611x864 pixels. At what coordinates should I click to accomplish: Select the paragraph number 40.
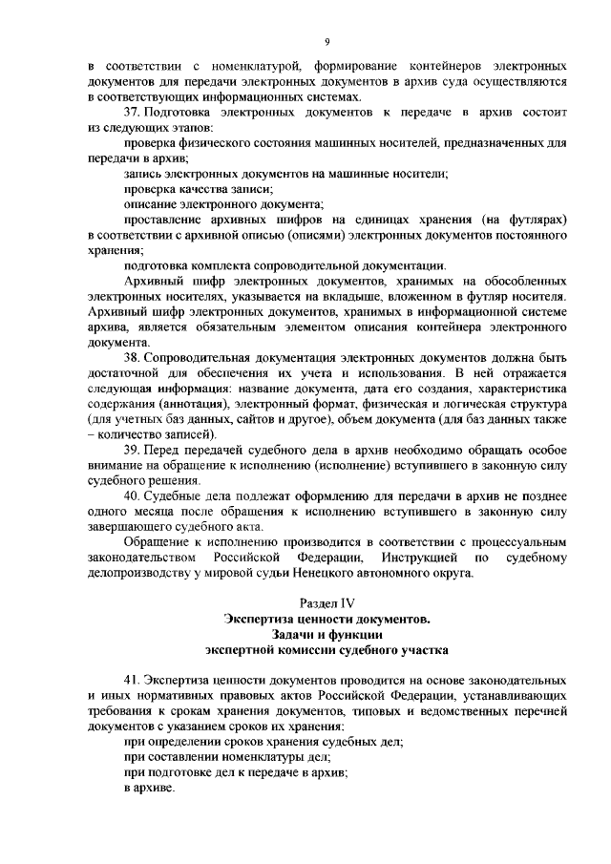pyautogui.click(x=133, y=496)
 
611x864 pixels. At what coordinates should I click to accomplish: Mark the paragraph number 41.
pyautogui.click(x=133, y=679)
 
